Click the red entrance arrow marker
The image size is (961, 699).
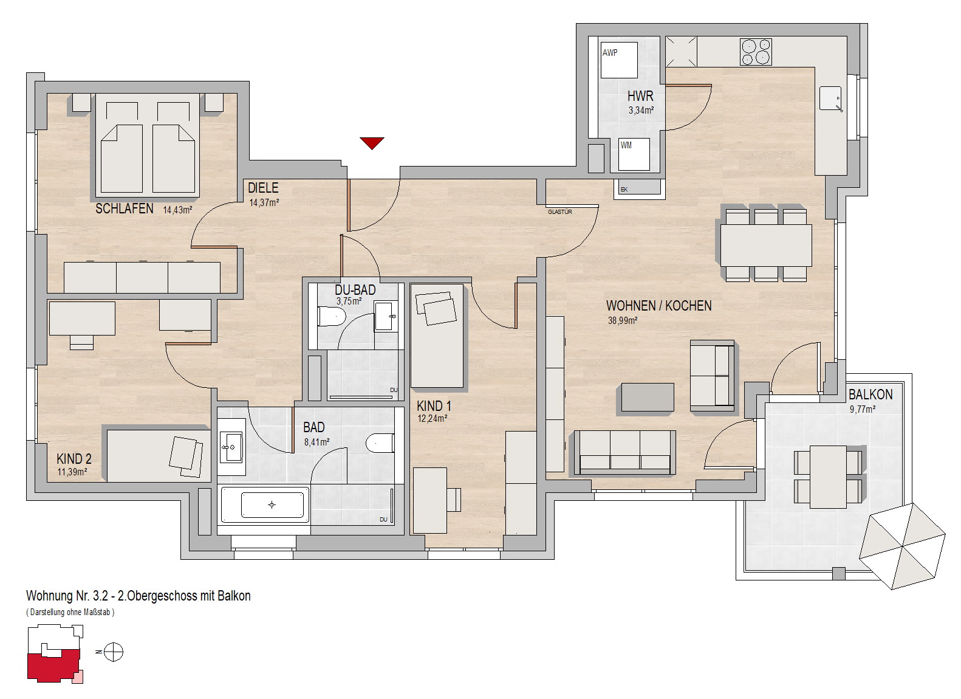click(372, 143)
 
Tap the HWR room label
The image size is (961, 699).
click(640, 96)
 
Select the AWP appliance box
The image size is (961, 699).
click(619, 60)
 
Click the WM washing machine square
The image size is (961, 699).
click(634, 154)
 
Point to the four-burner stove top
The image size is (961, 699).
click(756, 52)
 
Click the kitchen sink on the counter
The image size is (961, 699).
click(830, 98)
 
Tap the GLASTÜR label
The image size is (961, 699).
click(560, 212)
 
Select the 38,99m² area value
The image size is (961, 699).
click(623, 320)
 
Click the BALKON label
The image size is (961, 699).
click(870, 394)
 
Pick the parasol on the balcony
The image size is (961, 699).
click(902, 546)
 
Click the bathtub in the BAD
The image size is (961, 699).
click(265, 505)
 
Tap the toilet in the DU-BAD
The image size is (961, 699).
click(332, 317)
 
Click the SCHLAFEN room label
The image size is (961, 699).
click(125, 208)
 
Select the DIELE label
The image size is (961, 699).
click(263, 188)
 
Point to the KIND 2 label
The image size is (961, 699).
click(74, 459)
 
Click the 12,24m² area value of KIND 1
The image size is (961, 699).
click(433, 418)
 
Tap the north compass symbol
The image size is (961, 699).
click(113, 652)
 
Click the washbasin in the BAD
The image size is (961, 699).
click(231, 447)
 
